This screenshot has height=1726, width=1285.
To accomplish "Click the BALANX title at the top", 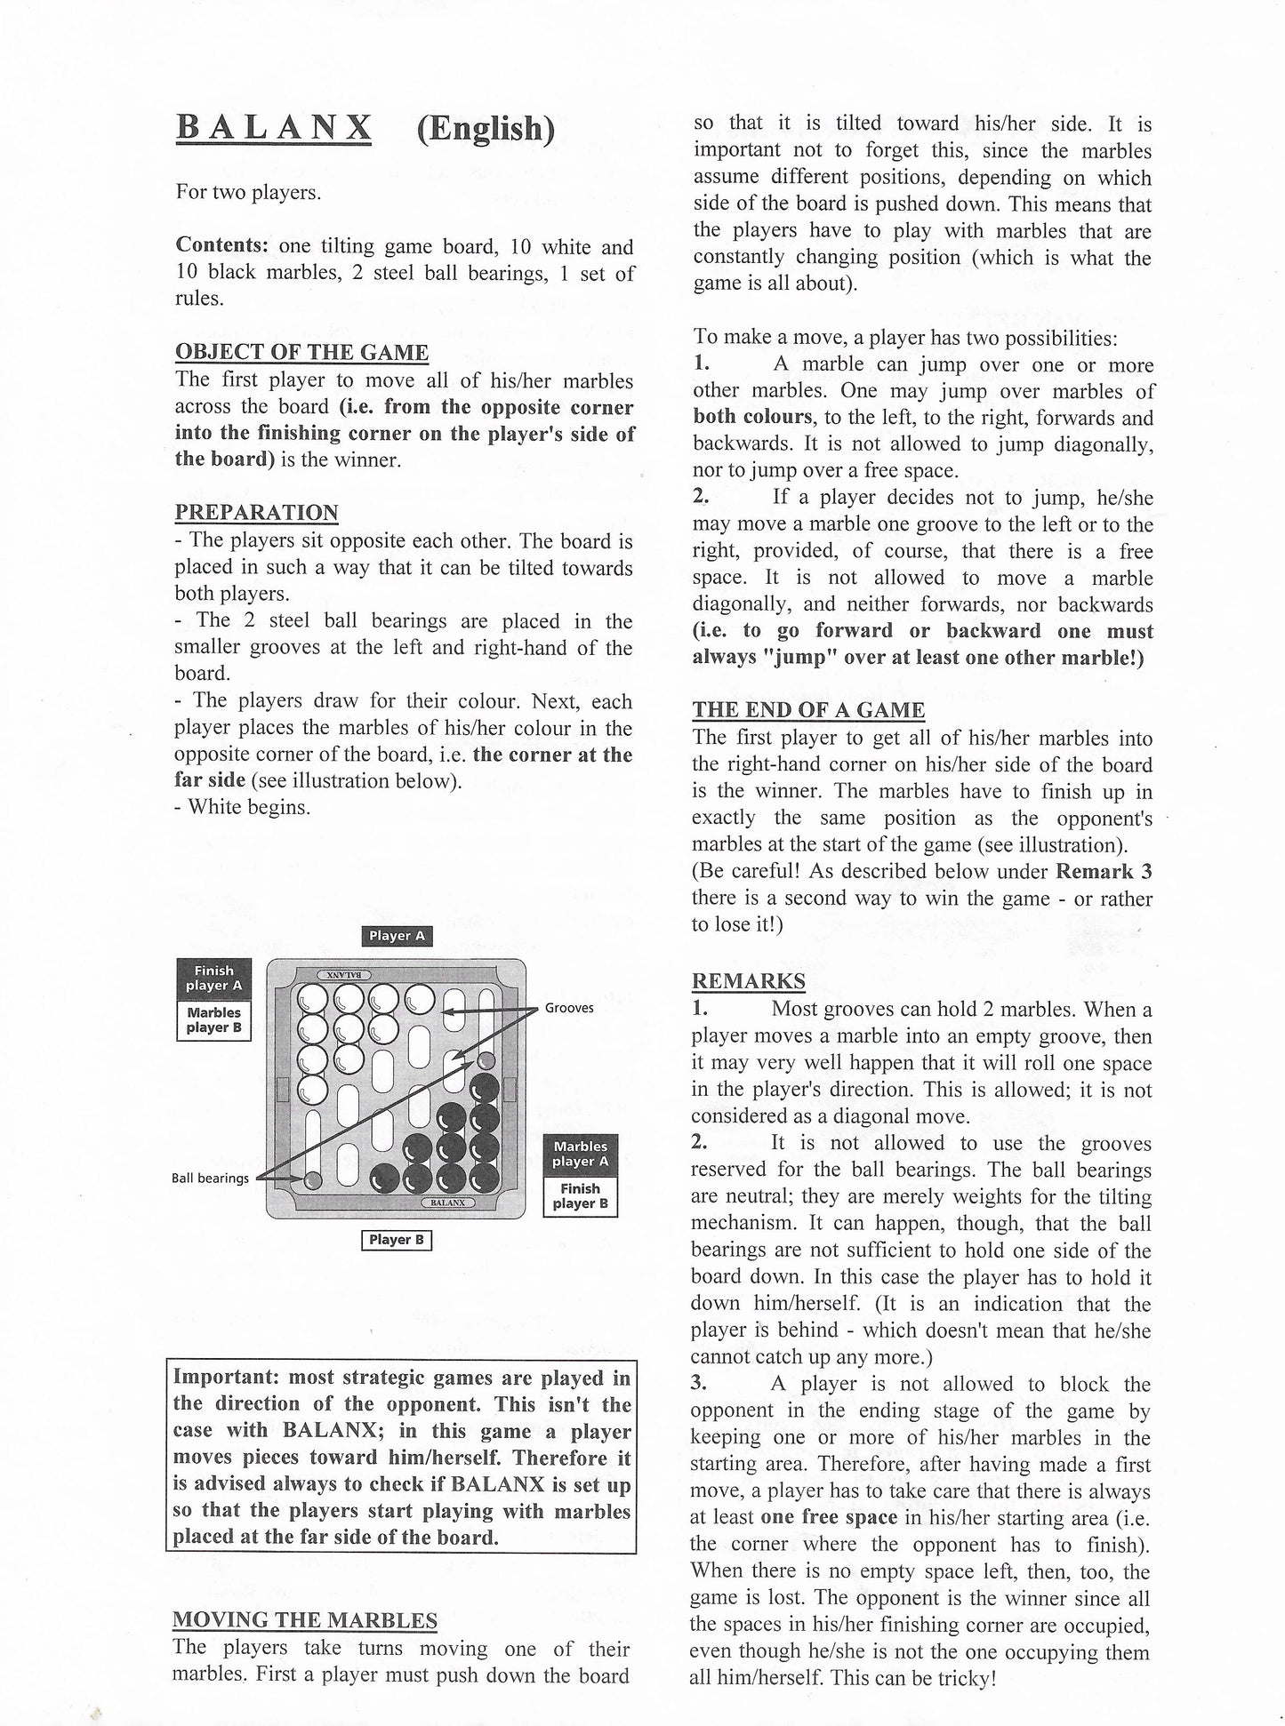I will tap(273, 128).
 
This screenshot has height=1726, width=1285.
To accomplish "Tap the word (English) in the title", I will tap(486, 130).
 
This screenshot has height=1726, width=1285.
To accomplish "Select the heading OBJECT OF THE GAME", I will tap(301, 353).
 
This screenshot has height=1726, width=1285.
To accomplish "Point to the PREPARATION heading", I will tap(256, 513).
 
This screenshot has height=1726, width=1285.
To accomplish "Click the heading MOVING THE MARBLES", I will tap(305, 1620).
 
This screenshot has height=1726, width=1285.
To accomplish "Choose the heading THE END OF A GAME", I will tap(808, 710).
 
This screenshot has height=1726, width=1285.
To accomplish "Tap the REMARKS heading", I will tap(749, 981).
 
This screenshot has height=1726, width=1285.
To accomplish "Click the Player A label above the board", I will tap(396, 936).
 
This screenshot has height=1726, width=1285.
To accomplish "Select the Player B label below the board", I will tap(396, 1240).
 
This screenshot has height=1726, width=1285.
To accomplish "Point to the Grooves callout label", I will tap(569, 1008).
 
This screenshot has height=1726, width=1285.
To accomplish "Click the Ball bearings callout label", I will tap(211, 1179).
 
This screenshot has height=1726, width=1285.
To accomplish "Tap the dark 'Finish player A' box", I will tap(213, 979).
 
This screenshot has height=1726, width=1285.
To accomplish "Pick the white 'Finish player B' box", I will tap(580, 1196).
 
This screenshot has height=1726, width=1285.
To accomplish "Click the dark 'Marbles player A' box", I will tap(580, 1154).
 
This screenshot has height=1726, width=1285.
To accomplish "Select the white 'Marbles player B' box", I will tap(213, 1020).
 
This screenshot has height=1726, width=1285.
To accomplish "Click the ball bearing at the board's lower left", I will tap(312, 1180).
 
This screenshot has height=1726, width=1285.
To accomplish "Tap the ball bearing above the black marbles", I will tap(486, 1060).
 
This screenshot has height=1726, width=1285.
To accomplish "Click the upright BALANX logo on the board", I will tap(448, 1203).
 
